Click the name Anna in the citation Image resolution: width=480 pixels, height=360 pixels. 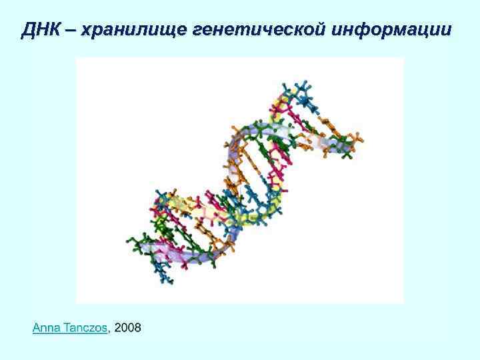click(x=45, y=327)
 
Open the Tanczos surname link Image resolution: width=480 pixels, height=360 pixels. click(x=84, y=327)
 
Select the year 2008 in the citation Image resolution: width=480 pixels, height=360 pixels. click(x=128, y=327)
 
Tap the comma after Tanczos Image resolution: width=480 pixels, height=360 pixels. click(x=109, y=330)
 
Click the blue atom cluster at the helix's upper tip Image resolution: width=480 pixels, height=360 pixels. click(x=300, y=93)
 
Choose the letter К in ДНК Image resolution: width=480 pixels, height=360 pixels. click(x=52, y=31)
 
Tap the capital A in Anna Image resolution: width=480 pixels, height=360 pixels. click(x=36, y=327)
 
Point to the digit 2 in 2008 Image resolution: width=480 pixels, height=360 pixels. click(x=118, y=327)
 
